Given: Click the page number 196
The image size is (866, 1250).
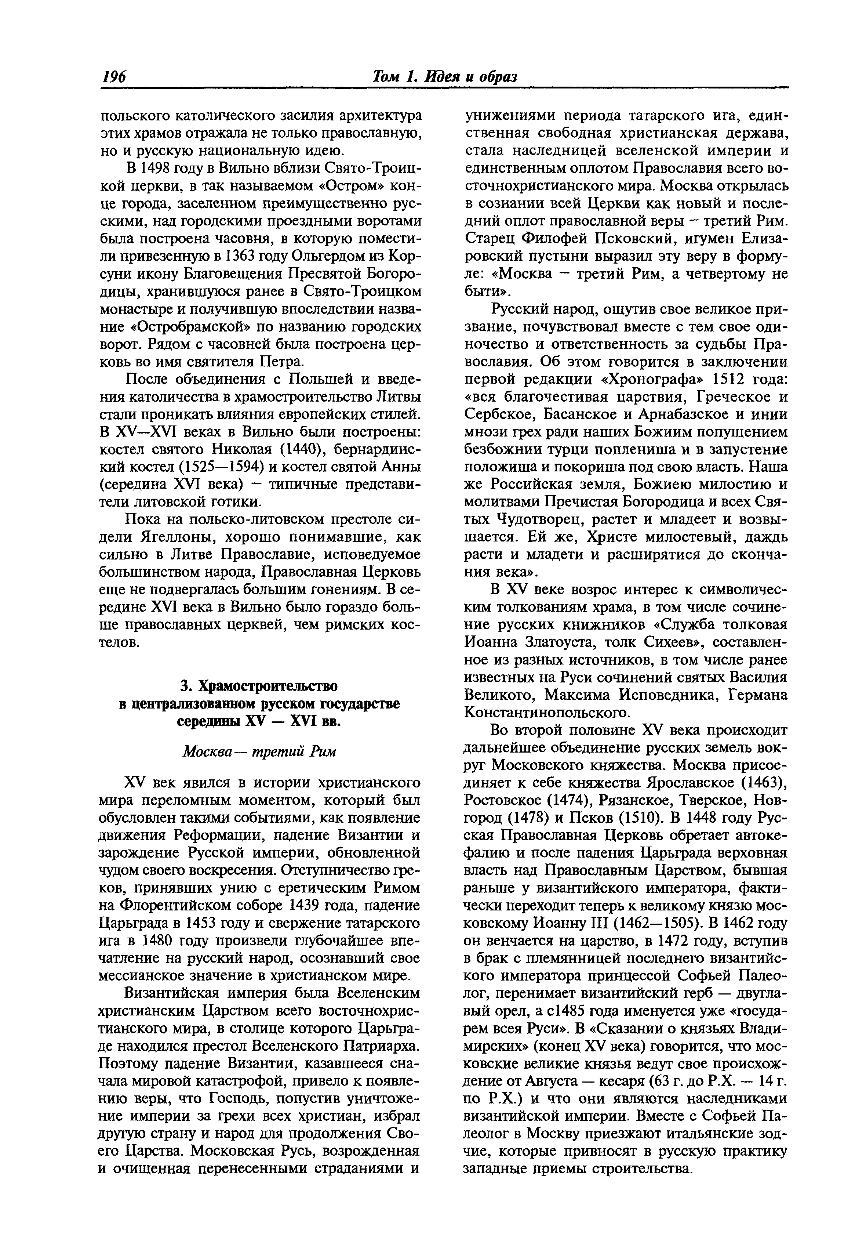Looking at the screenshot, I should (113, 76).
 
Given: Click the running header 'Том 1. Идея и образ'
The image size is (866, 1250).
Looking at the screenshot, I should (444, 76).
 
